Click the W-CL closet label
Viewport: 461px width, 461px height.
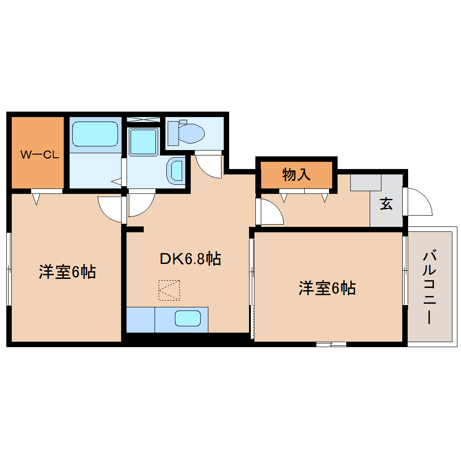pyautogui.click(x=40, y=155)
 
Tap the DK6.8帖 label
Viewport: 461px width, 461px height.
pyautogui.click(x=190, y=259)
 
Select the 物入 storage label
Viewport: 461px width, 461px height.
pyautogui.click(x=296, y=174)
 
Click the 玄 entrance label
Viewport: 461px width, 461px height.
pyautogui.click(x=386, y=204)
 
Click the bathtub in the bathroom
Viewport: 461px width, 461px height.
pyautogui.click(x=95, y=134)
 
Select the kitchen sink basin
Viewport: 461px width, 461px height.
pyautogui.click(x=188, y=319)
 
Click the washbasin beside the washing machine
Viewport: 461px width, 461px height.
pyautogui.click(x=176, y=171)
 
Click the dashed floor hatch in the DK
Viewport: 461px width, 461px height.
pyautogui.click(x=169, y=290)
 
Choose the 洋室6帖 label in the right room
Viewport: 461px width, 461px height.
pyautogui.click(x=327, y=288)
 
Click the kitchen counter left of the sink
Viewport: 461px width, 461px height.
pyautogui.click(x=141, y=319)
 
